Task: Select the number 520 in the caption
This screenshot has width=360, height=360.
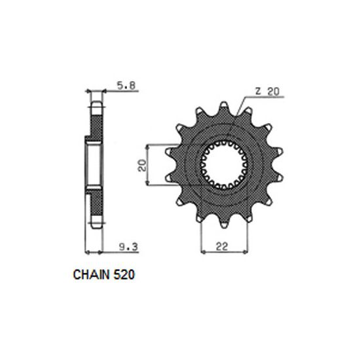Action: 125,276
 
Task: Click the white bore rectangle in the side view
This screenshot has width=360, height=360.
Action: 93,166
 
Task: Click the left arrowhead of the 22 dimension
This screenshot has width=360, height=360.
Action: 202,253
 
